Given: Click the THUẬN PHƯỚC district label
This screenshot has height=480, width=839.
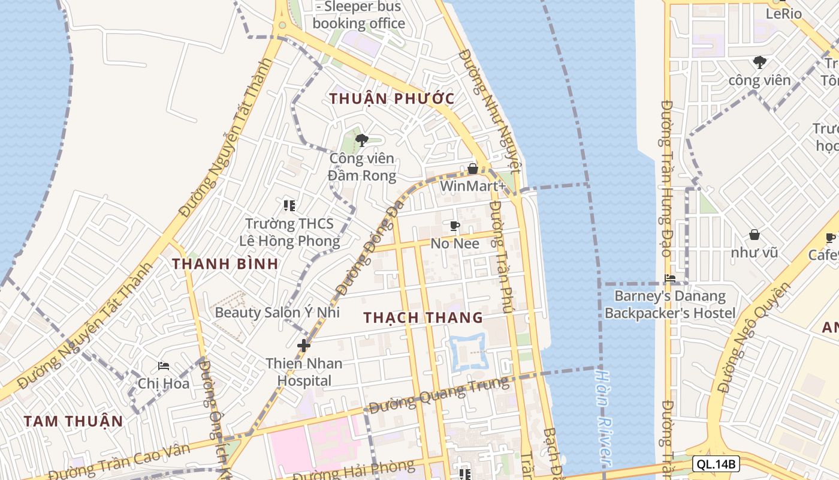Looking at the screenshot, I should (391, 98).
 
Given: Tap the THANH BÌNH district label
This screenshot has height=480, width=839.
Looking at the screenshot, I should (225, 263).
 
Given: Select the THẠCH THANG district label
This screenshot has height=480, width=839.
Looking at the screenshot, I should (423, 317).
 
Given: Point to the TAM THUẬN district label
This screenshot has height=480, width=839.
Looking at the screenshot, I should (73, 421).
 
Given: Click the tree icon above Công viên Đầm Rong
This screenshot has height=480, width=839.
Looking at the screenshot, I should (361, 141).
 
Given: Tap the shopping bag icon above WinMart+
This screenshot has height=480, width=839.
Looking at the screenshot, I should (473, 169).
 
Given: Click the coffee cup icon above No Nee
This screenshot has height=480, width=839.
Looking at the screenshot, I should (455, 226).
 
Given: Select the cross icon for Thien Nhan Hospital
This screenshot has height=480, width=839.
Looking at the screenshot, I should (304, 346).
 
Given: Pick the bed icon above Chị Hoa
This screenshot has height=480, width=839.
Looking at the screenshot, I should (163, 366).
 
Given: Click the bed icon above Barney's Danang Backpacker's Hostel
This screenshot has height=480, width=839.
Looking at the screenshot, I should (670, 278).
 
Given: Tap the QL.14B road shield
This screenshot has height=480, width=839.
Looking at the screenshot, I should (716, 463).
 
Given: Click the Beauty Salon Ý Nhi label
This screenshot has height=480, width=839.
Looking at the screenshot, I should (277, 312).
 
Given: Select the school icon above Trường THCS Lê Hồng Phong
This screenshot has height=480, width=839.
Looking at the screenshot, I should (289, 206).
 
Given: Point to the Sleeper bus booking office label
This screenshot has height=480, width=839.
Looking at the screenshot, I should (359, 15).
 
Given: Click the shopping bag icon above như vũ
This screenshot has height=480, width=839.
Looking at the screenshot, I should (754, 235).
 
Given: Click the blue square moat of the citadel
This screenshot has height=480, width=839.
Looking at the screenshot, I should (451, 351).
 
